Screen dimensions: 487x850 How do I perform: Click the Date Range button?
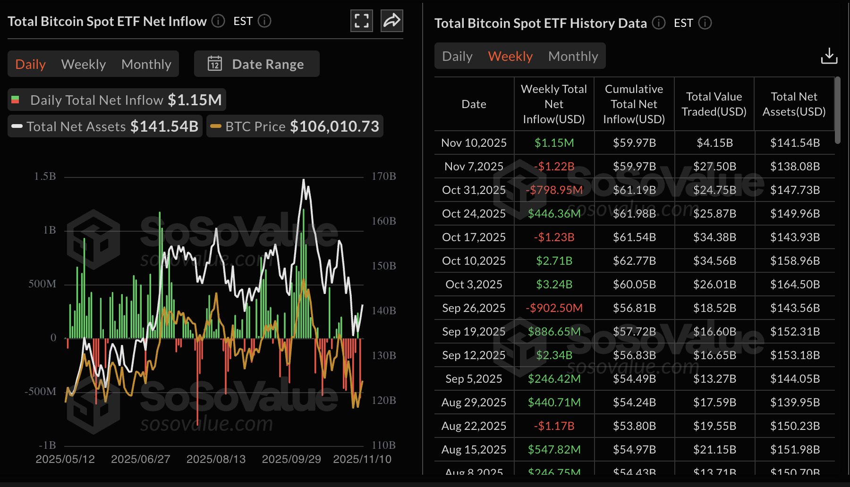click(x=256, y=64)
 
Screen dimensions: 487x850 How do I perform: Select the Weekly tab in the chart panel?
click(x=84, y=64)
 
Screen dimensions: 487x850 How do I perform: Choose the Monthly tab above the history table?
click(x=573, y=56)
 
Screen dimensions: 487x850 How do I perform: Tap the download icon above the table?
click(x=829, y=56)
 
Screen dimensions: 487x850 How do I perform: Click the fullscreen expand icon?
click(x=362, y=21)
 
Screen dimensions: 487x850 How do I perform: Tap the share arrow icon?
click(x=392, y=21)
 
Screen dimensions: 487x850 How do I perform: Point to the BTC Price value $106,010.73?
click(x=334, y=126)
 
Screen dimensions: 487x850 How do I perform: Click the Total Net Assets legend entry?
click(x=105, y=126)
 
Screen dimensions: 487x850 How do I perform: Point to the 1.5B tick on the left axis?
click(x=45, y=176)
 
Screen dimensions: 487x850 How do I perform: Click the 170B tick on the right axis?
click(x=383, y=176)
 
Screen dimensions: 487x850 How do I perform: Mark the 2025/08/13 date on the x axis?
click(x=216, y=459)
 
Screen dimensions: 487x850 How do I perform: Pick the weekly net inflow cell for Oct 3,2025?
click(x=554, y=285)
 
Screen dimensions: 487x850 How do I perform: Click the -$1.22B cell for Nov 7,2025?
click(x=554, y=167)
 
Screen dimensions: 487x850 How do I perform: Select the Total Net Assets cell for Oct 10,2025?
click(x=795, y=261)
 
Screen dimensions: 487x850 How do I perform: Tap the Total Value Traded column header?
click(x=714, y=104)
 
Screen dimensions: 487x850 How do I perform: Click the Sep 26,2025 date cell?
click(x=474, y=308)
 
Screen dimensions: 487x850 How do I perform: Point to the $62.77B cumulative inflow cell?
click(x=634, y=261)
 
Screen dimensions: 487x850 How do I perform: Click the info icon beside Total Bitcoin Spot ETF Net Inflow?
click(x=218, y=21)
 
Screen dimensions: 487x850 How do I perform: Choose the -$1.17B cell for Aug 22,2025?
click(x=554, y=426)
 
